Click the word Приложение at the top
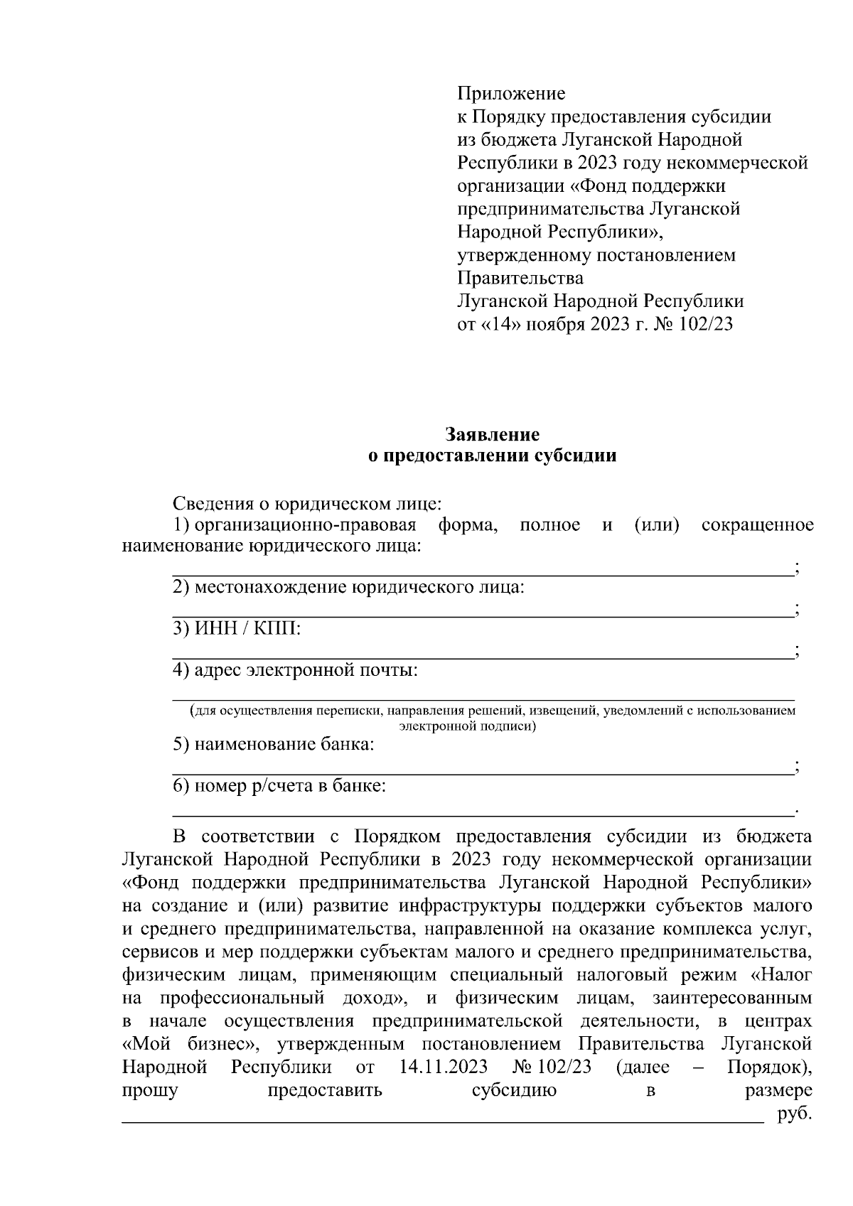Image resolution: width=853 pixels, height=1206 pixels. [x=510, y=93]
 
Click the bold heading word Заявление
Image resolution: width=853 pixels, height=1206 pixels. [x=492, y=434]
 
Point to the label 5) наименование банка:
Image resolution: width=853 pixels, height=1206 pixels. [x=274, y=744]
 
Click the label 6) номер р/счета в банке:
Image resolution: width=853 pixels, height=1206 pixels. [x=280, y=786]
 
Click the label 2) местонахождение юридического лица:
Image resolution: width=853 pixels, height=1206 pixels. [x=349, y=588]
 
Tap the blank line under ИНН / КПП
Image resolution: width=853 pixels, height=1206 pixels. [x=483, y=658]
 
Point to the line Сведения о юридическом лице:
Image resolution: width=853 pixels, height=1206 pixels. [x=307, y=504]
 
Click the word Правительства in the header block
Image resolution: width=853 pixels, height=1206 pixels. [x=520, y=278]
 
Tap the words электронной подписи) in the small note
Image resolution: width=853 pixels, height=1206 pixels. [x=467, y=726]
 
